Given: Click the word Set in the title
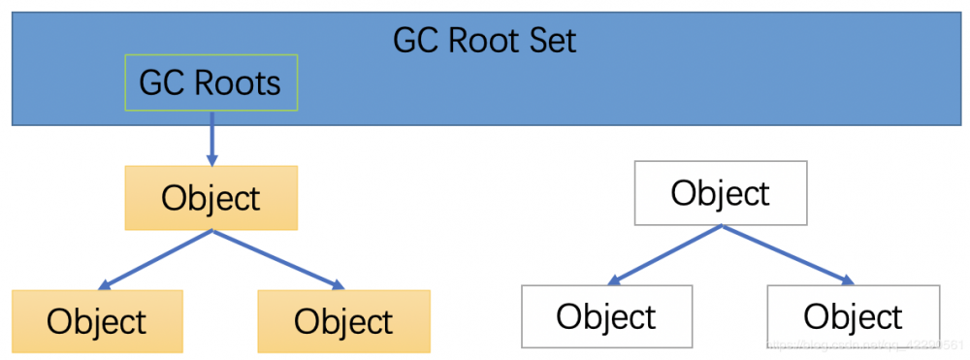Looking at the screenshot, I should (549, 40).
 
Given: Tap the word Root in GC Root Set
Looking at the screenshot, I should (476, 40).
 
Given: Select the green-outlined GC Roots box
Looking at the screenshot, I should (210, 82).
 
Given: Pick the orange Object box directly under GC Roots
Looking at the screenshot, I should (210, 198).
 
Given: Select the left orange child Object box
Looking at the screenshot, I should (97, 321).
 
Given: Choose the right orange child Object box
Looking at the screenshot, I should (343, 321).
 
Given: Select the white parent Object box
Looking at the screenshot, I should (720, 193).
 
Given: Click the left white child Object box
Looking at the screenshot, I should (606, 316).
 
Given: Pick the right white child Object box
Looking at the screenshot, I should (853, 316).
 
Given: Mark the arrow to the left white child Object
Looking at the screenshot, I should (664, 255).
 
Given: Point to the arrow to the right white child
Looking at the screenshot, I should (787, 255).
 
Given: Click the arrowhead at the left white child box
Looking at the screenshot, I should (614, 282).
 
